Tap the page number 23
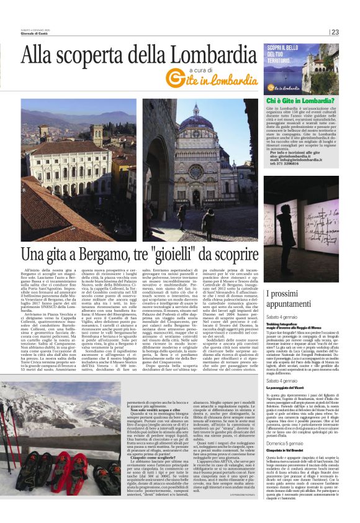coord(335,32)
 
